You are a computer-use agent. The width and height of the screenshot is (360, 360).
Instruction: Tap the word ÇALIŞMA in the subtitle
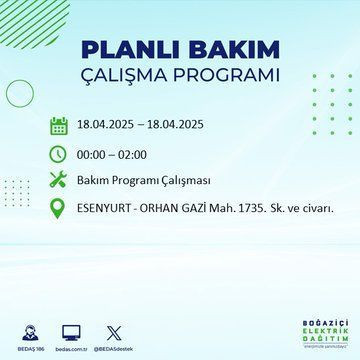tap(143, 76)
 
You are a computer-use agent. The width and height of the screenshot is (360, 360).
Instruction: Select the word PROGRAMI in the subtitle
tap(227, 76)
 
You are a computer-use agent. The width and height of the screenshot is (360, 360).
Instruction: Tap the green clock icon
tap(59, 155)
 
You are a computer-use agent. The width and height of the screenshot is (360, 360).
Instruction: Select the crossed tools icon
tap(59, 182)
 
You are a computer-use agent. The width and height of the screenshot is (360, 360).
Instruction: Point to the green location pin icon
tap(59, 208)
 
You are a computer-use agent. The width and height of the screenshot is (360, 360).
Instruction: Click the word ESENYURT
tap(107, 208)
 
